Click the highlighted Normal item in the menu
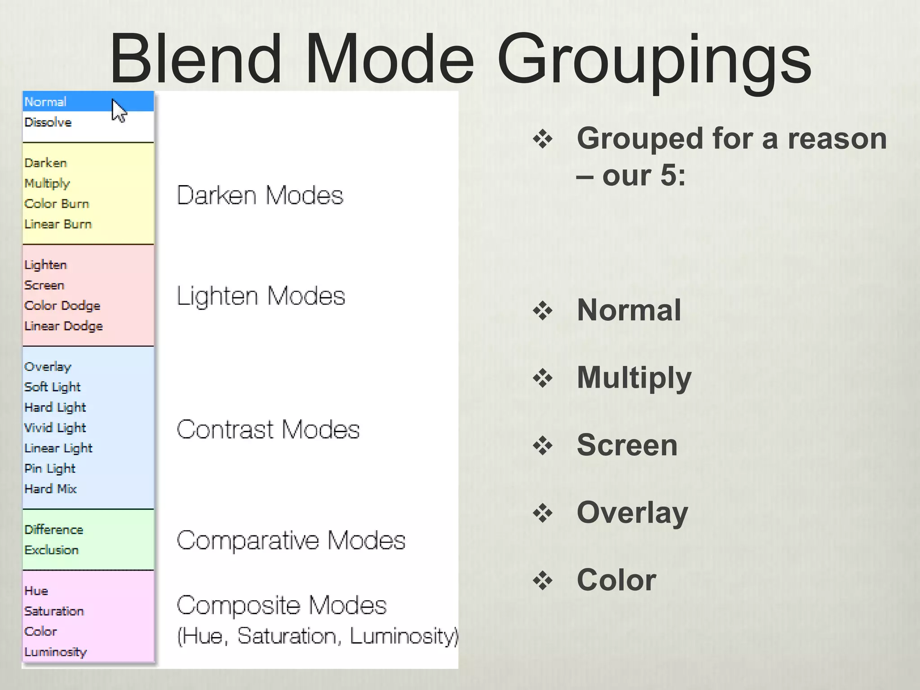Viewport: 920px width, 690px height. click(45, 102)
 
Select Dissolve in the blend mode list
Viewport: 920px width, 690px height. click(48, 122)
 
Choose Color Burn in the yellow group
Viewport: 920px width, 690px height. click(57, 203)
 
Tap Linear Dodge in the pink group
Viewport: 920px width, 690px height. click(63, 326)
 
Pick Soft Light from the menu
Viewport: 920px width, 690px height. click(52, 387)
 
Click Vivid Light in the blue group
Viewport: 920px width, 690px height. click(55, 428)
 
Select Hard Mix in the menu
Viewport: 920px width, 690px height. click(50, 489)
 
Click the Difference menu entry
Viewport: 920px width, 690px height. click(54, 530)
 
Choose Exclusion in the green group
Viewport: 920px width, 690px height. click(51, 550)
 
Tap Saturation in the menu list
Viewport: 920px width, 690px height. click(54, 611)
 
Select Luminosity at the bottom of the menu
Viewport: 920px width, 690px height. click(55, 652)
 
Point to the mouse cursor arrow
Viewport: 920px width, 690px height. click(119, 111)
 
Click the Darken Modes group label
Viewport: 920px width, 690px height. click(260, 195)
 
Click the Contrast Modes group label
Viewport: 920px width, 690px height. click(268, 429)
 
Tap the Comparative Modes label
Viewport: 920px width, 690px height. click(291, 540)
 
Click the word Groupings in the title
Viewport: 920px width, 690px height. click(654, 61)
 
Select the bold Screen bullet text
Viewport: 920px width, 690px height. click(627, 445)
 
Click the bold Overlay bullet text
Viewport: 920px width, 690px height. click(632, 513)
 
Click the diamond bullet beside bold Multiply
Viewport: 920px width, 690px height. click(543, 378)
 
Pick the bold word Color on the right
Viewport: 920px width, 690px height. click(616, 580)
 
